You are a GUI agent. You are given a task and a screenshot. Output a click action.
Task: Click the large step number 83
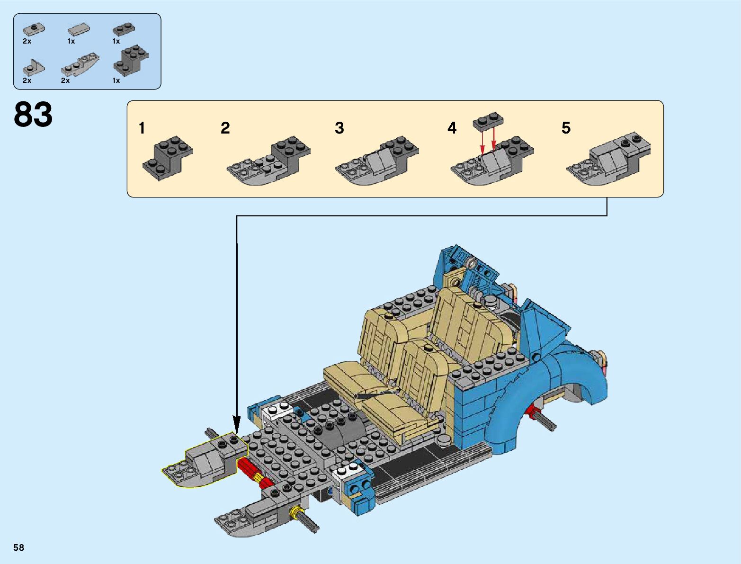pyautogui.click(x=33, y=114)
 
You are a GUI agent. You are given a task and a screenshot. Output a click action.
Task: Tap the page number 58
pyautogui.click(x=19, y=547)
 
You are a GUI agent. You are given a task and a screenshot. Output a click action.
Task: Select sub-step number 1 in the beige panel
pyautogui.click(x=142, y=128)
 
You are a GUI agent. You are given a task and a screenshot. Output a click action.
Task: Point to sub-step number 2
pyautogui.click(x=225, y=128)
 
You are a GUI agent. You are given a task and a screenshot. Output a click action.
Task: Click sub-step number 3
pyautogui.click(x=339, y=128)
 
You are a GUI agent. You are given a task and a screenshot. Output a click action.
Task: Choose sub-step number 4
pyautogui.click(x=452, y=128)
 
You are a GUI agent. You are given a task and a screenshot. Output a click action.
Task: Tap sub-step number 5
pyautogui.click(x=566, y=128)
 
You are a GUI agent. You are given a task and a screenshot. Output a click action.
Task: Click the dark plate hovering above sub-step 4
pyautogui.click(x=488, y=121)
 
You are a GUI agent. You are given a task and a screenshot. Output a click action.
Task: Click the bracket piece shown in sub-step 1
pyautogui.click(x=168, y=158)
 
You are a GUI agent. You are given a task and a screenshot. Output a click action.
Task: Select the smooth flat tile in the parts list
pyautogui.click(x=79, y=30)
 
